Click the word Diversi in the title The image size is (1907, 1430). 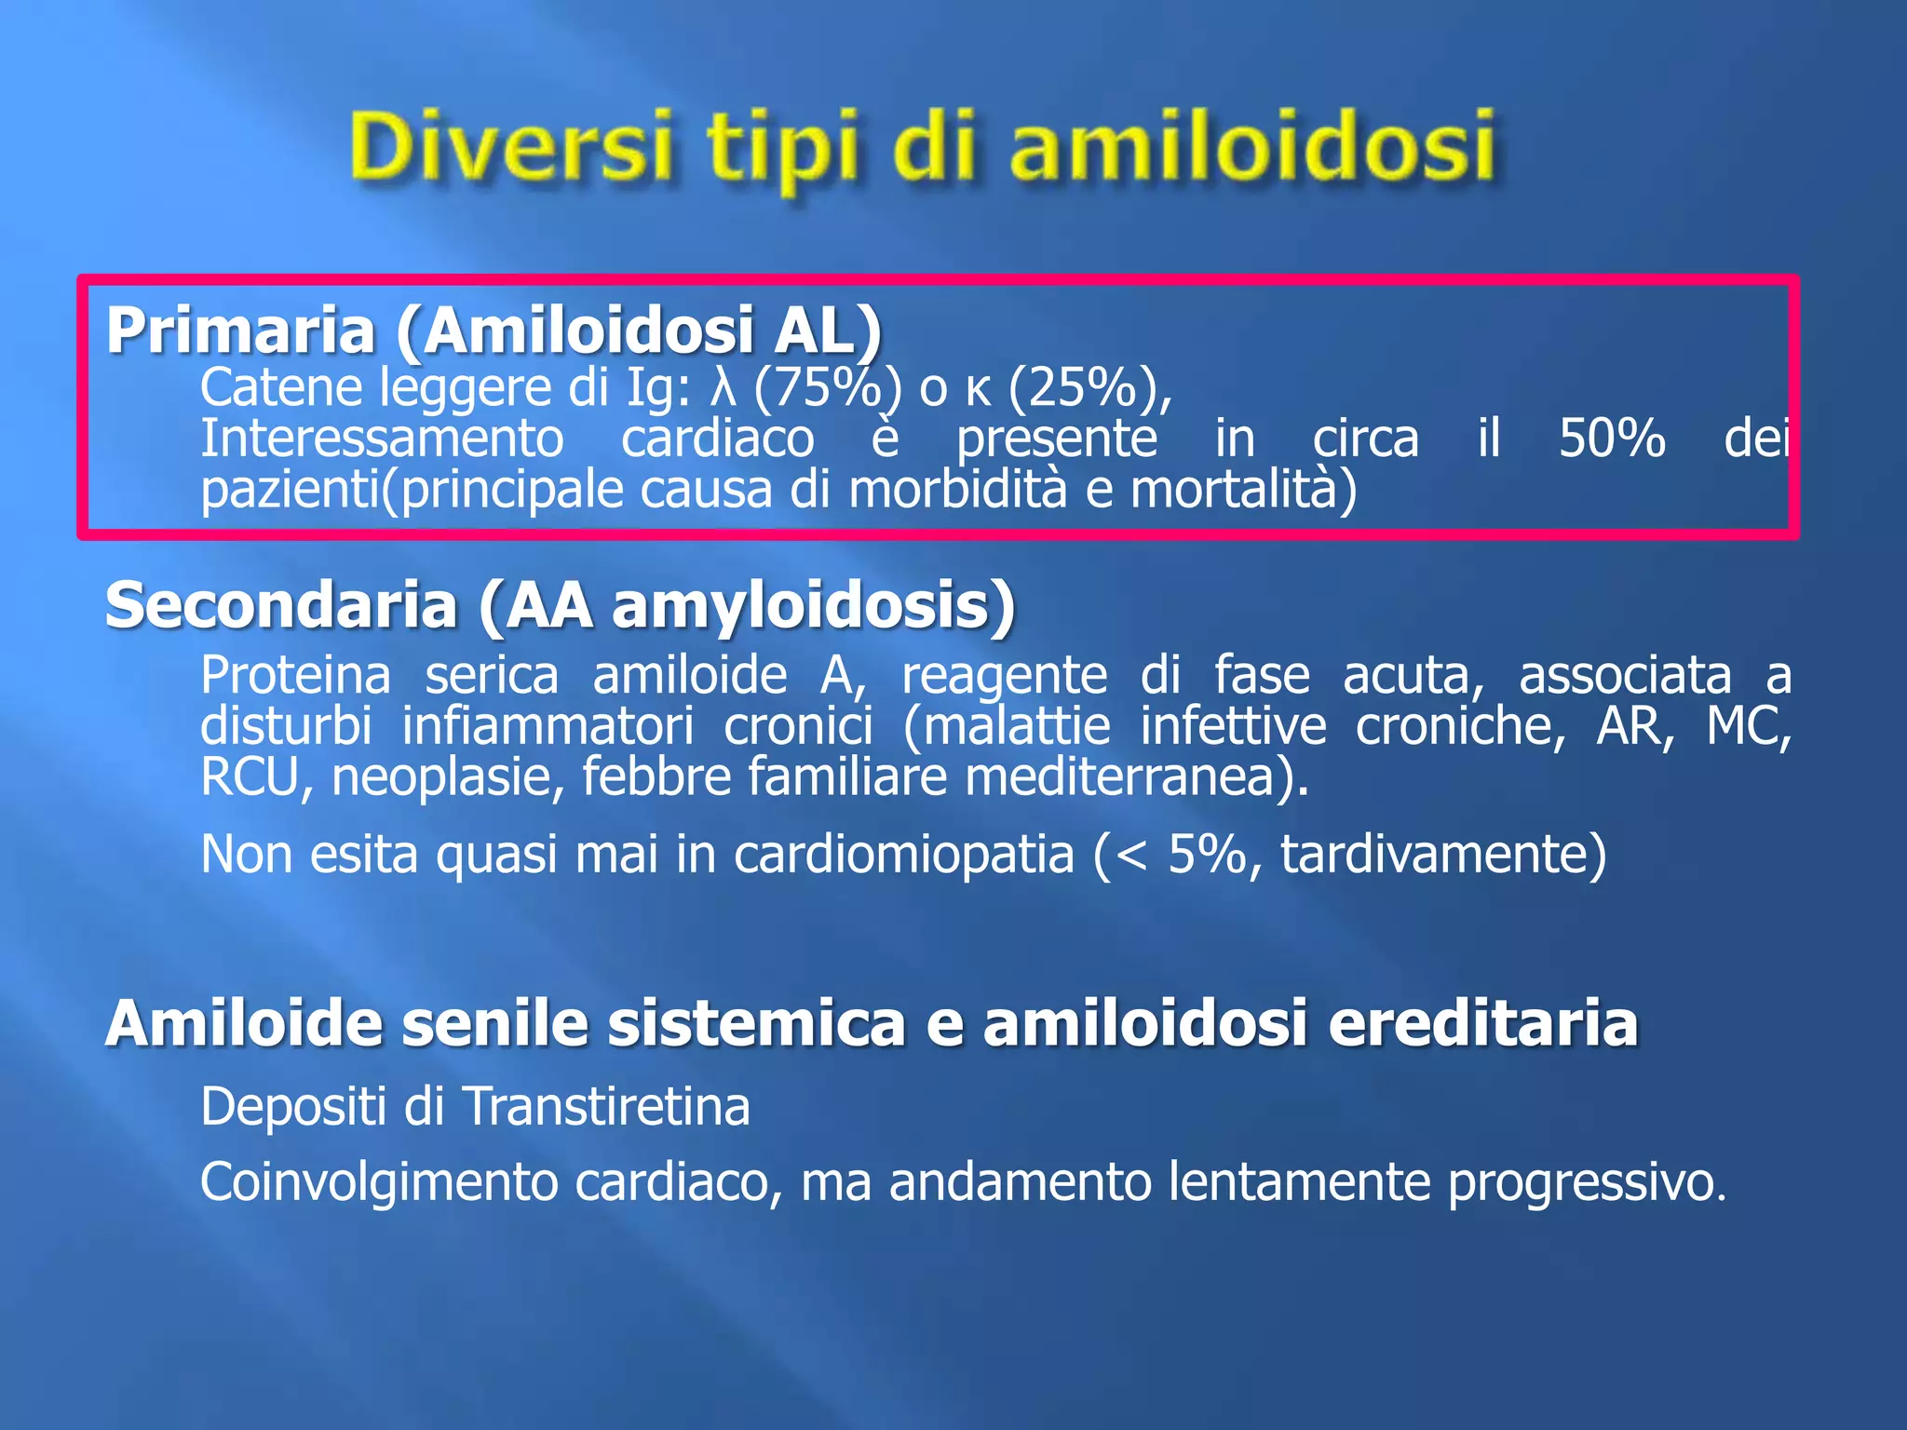[x=510, y=147]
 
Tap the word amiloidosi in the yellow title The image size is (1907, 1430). [x=1252, y=147]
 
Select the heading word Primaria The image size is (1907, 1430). [x=240, y=331]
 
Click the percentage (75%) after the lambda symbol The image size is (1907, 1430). [x=827, y=387]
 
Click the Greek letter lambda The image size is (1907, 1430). [x=724, y=387]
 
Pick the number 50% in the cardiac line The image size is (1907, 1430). [x=1612, y=438]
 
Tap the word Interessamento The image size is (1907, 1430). [x=382, y=438]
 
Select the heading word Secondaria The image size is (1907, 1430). [x=281, y=605]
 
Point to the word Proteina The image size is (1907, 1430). [x=295, y=675]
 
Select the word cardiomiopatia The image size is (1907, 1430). [x=903, y=854]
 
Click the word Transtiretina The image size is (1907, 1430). [x=606, y=1107]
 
